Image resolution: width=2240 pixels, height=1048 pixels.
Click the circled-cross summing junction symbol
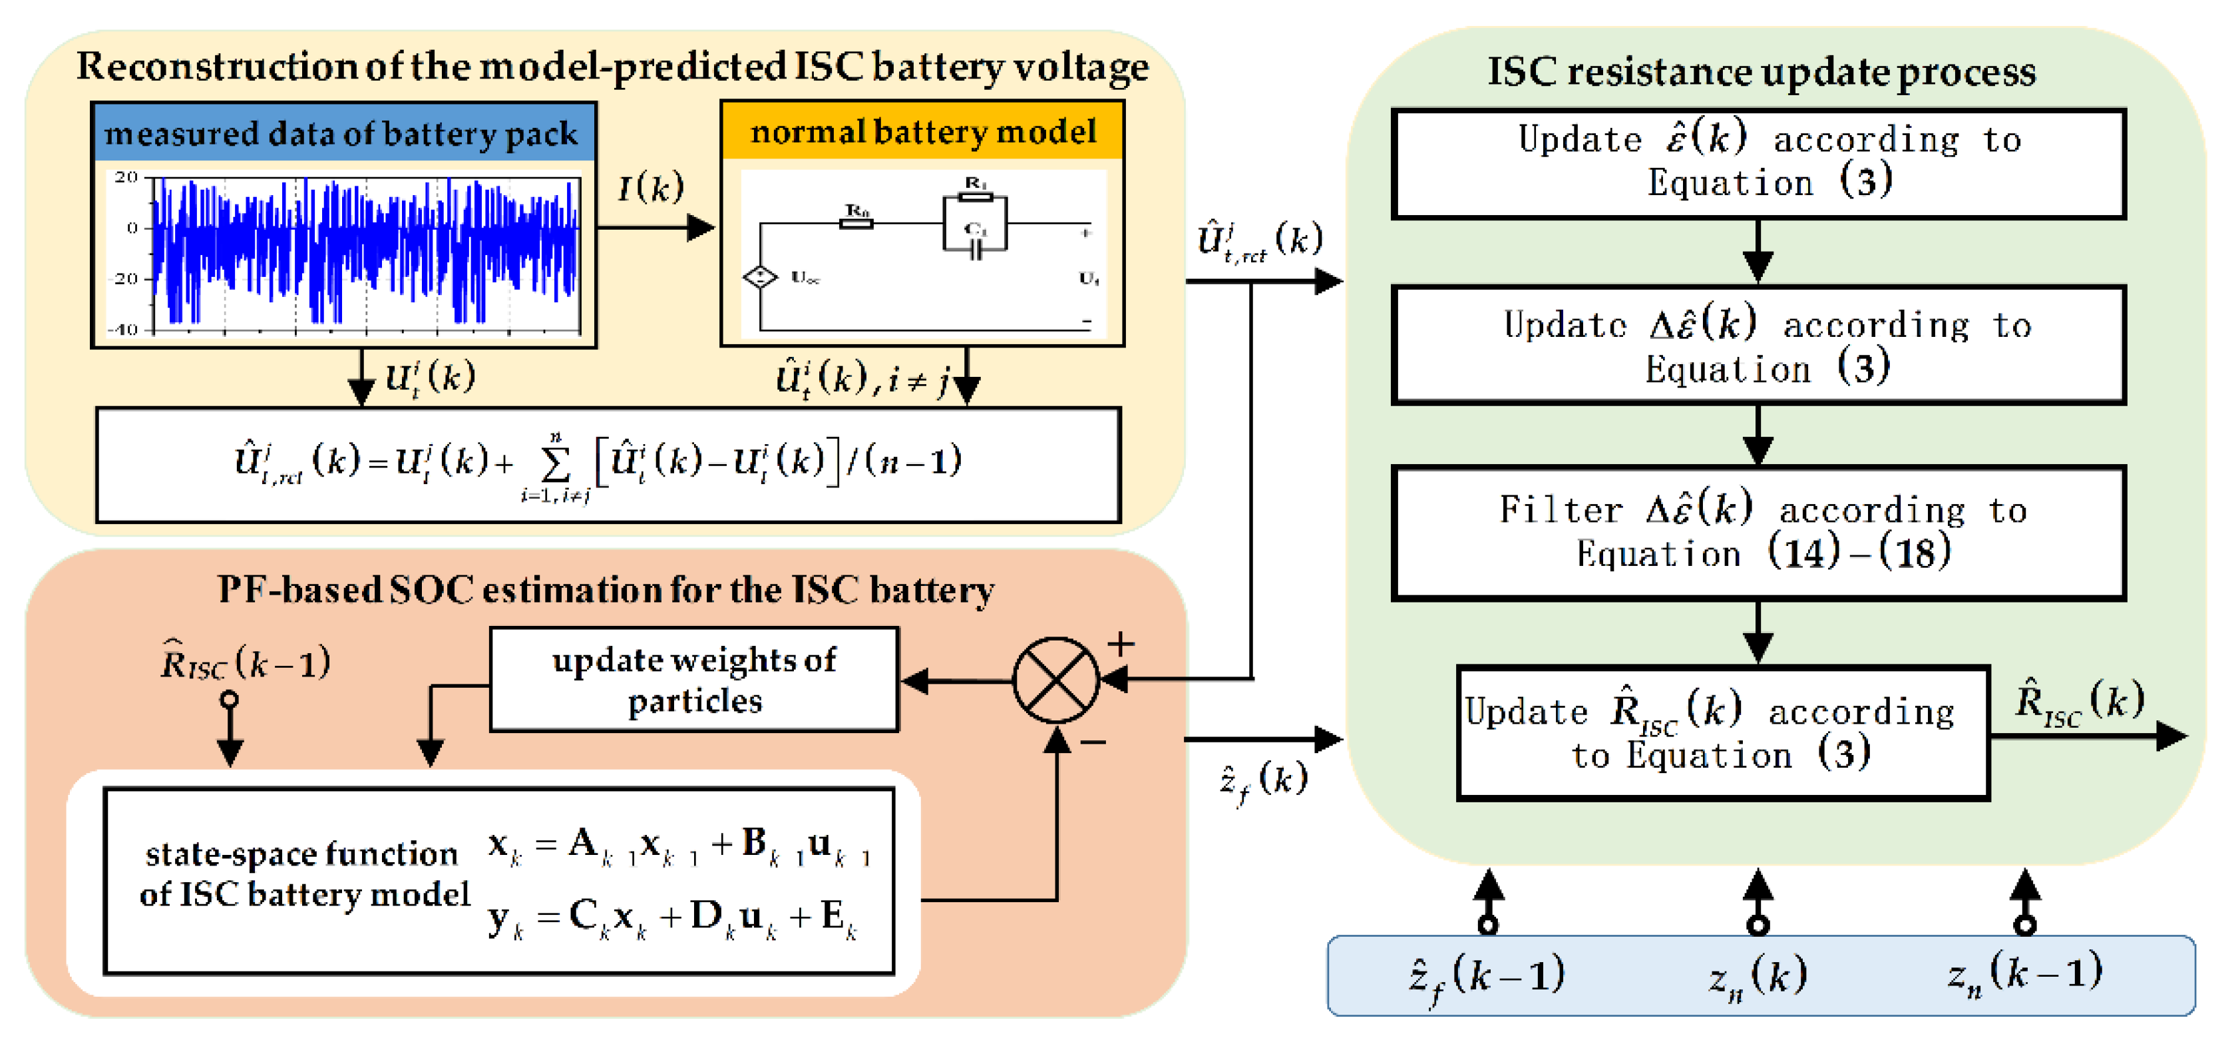[1055, 679]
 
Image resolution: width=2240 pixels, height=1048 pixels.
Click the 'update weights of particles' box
[694, 679]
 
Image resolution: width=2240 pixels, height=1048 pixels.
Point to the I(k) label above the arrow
[650, 187]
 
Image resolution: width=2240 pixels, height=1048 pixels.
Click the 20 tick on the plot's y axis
[127, 177]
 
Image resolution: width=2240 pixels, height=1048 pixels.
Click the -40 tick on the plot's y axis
[124, 330]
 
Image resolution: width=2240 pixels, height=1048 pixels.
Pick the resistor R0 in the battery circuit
[856, 222]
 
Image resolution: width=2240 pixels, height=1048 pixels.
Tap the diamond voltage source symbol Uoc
[759, 278]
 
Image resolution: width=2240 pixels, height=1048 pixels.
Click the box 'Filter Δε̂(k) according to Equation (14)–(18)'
[1758, 532]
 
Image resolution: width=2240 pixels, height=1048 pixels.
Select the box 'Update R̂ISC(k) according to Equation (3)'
[1723, 732]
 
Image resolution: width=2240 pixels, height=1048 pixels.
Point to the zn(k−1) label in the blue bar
[2024, 973]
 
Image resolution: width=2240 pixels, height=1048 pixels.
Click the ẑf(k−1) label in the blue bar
[1487, 976]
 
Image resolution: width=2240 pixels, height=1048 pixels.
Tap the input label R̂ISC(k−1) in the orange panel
[245, 664]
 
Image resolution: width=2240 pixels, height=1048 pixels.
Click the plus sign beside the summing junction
[1120, 644]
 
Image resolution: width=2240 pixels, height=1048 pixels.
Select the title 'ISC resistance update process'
[1761, 71]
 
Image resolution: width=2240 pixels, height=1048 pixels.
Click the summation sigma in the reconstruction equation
[555, 465]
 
